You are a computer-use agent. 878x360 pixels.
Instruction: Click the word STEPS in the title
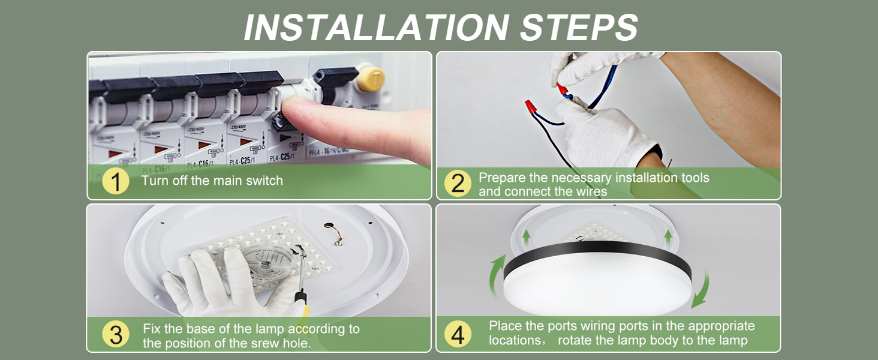(578, 27)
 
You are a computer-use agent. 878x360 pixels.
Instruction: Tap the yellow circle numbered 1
(115, 181)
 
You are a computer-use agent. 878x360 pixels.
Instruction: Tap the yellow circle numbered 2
(458, 183)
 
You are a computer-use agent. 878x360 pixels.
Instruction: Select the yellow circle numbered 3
(115, 335)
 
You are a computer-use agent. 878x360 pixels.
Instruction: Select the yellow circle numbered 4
(458, 335)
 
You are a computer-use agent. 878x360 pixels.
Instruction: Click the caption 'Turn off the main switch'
(212, 181)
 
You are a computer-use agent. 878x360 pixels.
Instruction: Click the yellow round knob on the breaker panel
(371, 79)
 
